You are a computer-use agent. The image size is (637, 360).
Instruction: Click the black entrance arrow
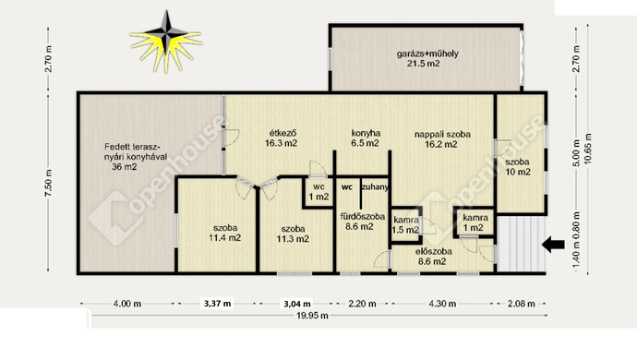click(553, 245)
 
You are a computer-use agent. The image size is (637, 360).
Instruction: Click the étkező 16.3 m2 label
click(282, 138)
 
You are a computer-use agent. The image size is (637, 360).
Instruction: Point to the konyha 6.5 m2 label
click(366, 138)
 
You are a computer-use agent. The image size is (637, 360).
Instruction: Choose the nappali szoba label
click(442, 134)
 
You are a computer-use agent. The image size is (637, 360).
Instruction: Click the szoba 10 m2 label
click(518, 166)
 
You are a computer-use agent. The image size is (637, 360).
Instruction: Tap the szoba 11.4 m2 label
click(224, 233)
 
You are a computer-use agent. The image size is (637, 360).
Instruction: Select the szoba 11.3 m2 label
click(293, 234)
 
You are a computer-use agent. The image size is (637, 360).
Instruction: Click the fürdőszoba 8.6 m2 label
click(363, 222)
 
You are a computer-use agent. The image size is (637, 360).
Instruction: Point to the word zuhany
click(375, 187)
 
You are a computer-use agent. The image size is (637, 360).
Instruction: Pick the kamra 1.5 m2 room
click(406, 225)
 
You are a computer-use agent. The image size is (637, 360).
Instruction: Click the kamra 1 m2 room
click(475, 222)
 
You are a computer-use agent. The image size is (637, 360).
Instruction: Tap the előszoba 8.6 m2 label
click(433, 257)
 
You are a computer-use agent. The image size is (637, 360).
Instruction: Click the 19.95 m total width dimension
click(312, 316)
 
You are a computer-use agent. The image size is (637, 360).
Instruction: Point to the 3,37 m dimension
click(217, 303)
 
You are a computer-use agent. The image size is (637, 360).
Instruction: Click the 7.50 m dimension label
click(48, 183)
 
